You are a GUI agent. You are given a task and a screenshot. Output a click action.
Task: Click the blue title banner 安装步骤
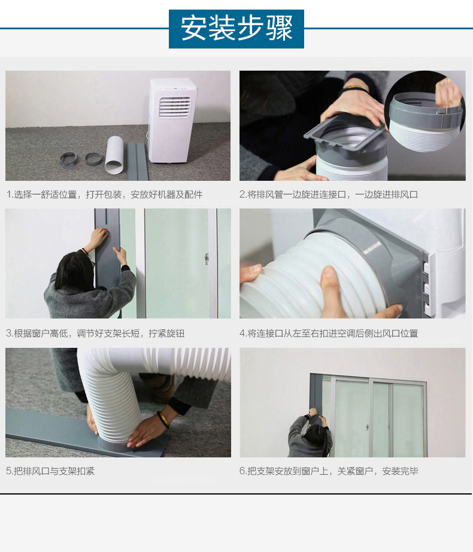pos(236,29)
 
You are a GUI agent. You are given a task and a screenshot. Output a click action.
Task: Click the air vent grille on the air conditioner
pos(175,107)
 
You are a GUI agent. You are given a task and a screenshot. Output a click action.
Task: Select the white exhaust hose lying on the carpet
pos(114,155)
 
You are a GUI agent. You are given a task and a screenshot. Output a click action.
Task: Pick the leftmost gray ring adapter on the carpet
pos(68,159)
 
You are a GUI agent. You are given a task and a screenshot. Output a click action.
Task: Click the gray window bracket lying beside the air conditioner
pos(138,161)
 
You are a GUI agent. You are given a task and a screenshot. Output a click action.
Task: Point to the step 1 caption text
pos(105,195)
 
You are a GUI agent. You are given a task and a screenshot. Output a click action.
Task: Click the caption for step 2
pos(328,195)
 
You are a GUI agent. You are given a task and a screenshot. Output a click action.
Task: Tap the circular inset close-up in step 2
pos(425,112)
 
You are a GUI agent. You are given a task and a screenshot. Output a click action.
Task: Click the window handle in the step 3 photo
pos(207,259)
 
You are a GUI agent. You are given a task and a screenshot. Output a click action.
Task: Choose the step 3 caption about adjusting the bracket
pos(95,333)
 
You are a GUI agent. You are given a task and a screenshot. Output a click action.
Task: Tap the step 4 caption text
pos(329,333)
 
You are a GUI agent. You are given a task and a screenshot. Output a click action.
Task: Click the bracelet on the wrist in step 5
pos(163,420)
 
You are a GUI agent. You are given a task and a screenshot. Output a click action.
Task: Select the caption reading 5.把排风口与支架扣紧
pos(50,471)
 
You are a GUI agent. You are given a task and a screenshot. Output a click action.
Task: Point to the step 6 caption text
pos(329,471)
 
